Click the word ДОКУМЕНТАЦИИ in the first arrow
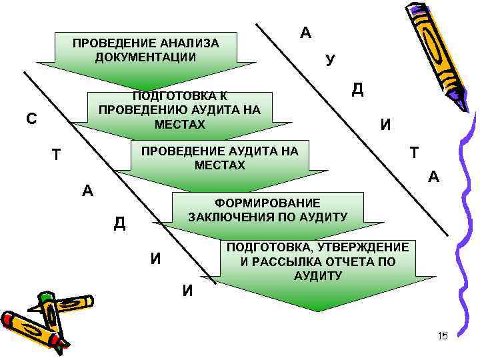(x=145, y=57)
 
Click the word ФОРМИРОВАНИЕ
(x=267, y=203)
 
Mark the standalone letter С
(x=31, y=119)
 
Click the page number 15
(x=443, y=336)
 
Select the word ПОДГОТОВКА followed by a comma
(x=265, y=247)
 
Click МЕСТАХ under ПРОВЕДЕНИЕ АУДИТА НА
(x=220, y=165)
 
